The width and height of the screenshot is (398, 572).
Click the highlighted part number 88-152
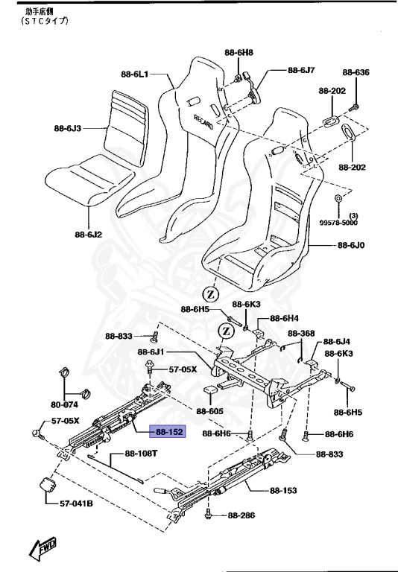coord(169,431)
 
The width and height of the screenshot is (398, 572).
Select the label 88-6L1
coord(136,74)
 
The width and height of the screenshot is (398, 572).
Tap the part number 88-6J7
coord(302,70)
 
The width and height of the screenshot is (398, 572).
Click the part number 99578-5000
coord(338,223)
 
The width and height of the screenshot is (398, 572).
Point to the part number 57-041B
coord(77,503)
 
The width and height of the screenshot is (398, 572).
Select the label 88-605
coord(211,410)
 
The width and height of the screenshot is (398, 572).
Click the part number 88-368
coord(302,333)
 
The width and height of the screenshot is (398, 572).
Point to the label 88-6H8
coord(239,53)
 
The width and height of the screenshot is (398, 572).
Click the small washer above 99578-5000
coord(338,198)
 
